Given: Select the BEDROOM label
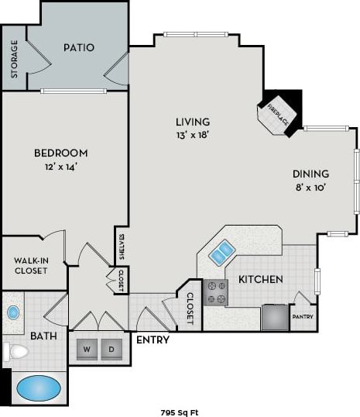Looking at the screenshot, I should point(60,153).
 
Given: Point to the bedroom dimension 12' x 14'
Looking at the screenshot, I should point(60,166).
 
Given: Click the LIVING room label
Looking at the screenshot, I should point(193,122).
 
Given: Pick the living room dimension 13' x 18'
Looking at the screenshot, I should point(193,135).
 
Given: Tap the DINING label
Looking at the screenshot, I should point(310,174).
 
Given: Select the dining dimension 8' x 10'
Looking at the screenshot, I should point(310,187).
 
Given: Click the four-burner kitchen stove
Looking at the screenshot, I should point(216,292).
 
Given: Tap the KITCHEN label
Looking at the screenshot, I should point(260,279).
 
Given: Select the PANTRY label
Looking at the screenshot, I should point(302,317).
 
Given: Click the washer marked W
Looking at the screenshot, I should point(87,350).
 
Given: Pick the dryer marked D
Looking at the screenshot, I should point(112,350).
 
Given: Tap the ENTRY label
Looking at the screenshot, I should point(153,339).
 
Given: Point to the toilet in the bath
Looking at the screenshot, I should point(15,352).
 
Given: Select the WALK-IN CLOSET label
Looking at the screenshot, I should point(30,265).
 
